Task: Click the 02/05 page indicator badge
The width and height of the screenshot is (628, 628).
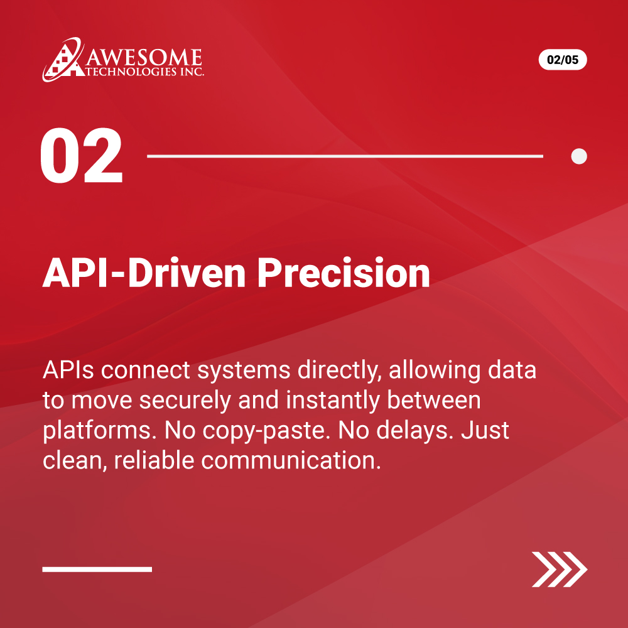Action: [562, 60]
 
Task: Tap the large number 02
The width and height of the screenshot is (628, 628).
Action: [82, 156]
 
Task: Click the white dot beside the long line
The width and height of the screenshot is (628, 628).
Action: [579, 156]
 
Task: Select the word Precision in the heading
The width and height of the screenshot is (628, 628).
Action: [344, 274]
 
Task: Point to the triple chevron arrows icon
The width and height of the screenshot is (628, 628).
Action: [559, 569]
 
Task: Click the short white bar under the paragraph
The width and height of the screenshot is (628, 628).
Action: [97, 569]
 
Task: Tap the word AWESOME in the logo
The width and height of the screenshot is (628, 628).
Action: [144, 58]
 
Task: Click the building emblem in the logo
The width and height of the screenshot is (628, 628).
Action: [63, 60]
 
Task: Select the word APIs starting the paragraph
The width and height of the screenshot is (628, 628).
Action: [68, 371]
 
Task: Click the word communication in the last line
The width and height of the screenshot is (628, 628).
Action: [291, 461]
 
